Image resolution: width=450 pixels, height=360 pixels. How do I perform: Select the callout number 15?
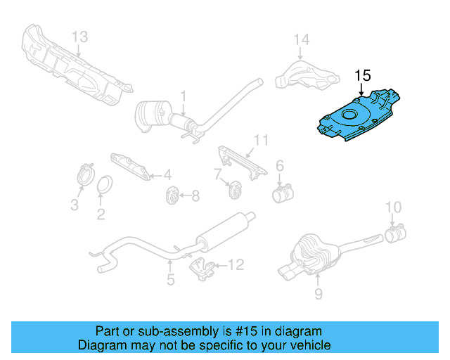(x=362, y=76)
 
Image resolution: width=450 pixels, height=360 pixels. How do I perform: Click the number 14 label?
(x=301, y=39)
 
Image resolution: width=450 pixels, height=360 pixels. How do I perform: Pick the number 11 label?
(x=261, y=141)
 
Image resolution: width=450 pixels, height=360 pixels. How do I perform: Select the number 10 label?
(x=393, y=207)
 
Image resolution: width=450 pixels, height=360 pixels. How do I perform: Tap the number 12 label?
(x=236, y=265)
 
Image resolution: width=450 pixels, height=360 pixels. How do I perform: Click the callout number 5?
(x=170, y=281)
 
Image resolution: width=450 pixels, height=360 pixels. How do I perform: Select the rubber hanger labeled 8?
(x=170, y=195)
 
